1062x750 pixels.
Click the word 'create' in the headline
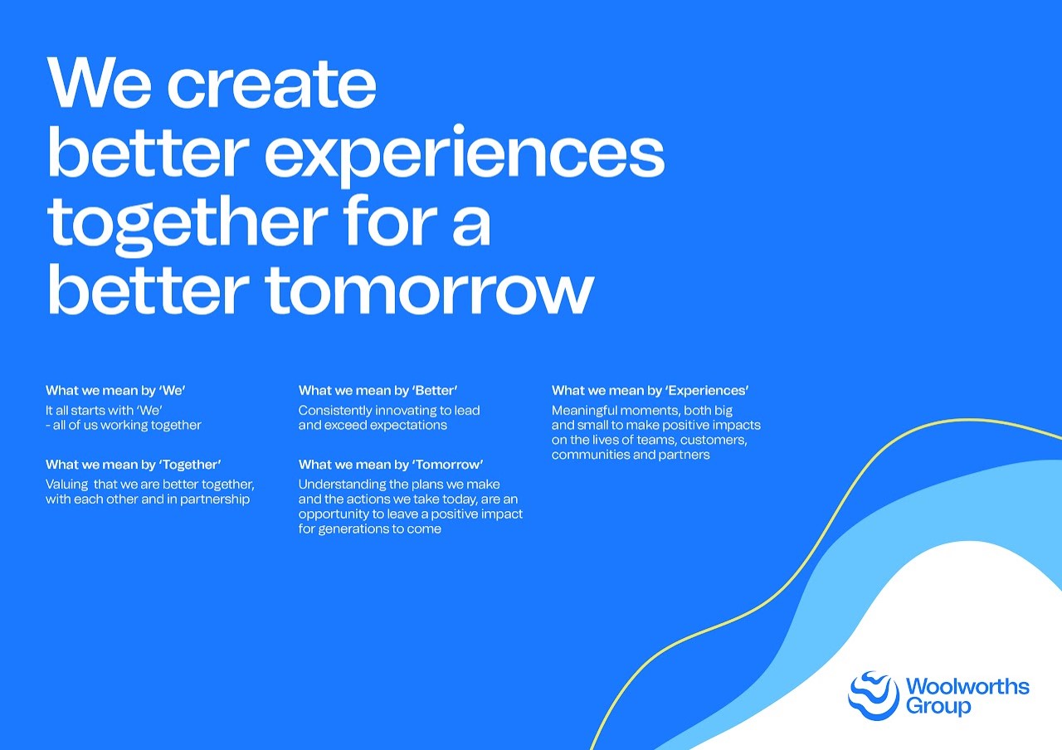click(271, 85)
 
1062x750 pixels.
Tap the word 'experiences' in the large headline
click(465, 153)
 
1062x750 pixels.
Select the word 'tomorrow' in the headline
click(430, 290)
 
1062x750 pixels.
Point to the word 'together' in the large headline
click(188, 224)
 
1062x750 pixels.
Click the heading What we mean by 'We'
click(115, 390)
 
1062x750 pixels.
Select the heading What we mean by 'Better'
click(378, 390)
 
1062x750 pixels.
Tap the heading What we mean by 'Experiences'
click(650, 390)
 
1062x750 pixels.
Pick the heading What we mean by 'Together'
click(134, 464)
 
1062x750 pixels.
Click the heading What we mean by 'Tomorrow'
click(391, 464)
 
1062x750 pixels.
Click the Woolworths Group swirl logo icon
click(874, 695)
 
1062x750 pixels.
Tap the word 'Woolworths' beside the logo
click(967, 686)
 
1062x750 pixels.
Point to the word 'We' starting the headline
click(99, 82)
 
